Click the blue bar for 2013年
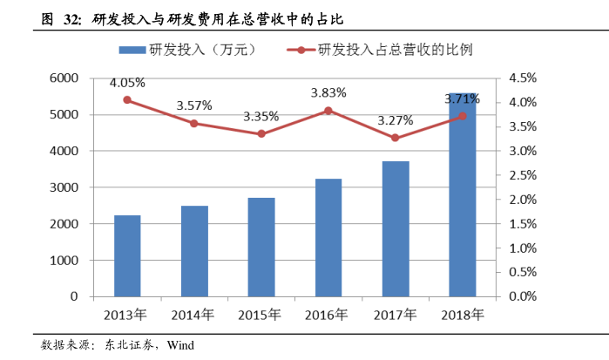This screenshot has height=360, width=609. tap(127, 255)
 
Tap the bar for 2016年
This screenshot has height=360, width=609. tap(328, 237)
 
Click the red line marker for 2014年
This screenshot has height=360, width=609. tap(194, 124)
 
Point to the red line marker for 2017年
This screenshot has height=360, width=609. tap(396, 138)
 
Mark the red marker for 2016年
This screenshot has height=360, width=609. tap(328, 111)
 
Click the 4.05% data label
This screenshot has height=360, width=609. tap(127, 84)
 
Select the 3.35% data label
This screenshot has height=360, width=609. tap(261, 116)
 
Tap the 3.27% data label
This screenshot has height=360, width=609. tap(396, 120)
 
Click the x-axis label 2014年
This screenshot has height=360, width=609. tap(194, 315)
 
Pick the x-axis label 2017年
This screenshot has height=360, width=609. tap(396, 315)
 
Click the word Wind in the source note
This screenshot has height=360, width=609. tap(180, 345)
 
